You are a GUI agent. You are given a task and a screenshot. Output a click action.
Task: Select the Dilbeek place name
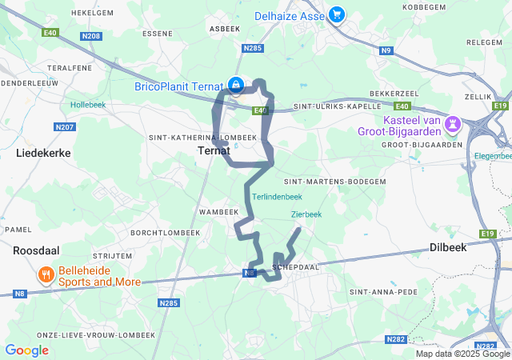[x=447, y=248]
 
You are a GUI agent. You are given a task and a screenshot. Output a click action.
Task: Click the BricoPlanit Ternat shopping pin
[x=236, y=84]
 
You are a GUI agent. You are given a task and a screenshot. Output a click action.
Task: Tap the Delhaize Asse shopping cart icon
[x=337, y=14]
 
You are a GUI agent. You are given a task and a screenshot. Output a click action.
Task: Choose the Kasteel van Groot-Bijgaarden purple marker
[x=454, y=123]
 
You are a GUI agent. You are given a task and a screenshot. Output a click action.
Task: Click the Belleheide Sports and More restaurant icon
[x=46, y=275]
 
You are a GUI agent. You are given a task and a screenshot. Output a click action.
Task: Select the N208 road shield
[x=91, y=37]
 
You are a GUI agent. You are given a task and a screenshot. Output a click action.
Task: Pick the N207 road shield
[x=64, y=127]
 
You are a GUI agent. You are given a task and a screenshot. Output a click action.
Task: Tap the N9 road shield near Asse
[x=386, y=51]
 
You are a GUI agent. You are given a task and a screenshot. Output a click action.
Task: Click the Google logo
[x=26, y=350]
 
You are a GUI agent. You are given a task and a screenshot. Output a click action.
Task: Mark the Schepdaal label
[x=296, y=266]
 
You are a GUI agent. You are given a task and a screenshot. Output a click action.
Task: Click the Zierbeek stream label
[x=306, y=214]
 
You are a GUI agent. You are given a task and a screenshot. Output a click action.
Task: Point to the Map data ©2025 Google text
[x=462, y=353]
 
